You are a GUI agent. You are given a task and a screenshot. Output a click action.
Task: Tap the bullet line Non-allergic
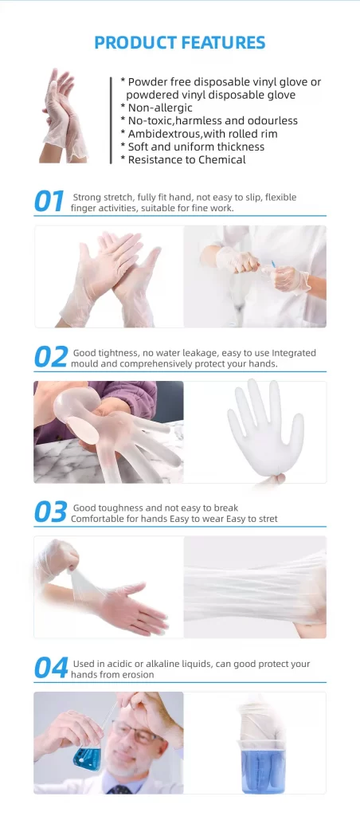click(157, 108)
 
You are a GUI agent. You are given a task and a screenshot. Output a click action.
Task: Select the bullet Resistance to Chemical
click(183, 159)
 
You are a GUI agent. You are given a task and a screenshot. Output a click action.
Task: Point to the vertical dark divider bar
click(111, 120)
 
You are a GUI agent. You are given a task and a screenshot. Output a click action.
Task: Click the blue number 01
click(49, 202)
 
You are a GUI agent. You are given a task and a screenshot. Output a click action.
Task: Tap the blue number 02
click(51, 357)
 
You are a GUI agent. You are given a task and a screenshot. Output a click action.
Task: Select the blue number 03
click(50, 512)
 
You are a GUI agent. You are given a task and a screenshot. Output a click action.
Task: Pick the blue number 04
click(51, 669)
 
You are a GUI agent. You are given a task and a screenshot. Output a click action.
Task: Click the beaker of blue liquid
click(264, 766)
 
